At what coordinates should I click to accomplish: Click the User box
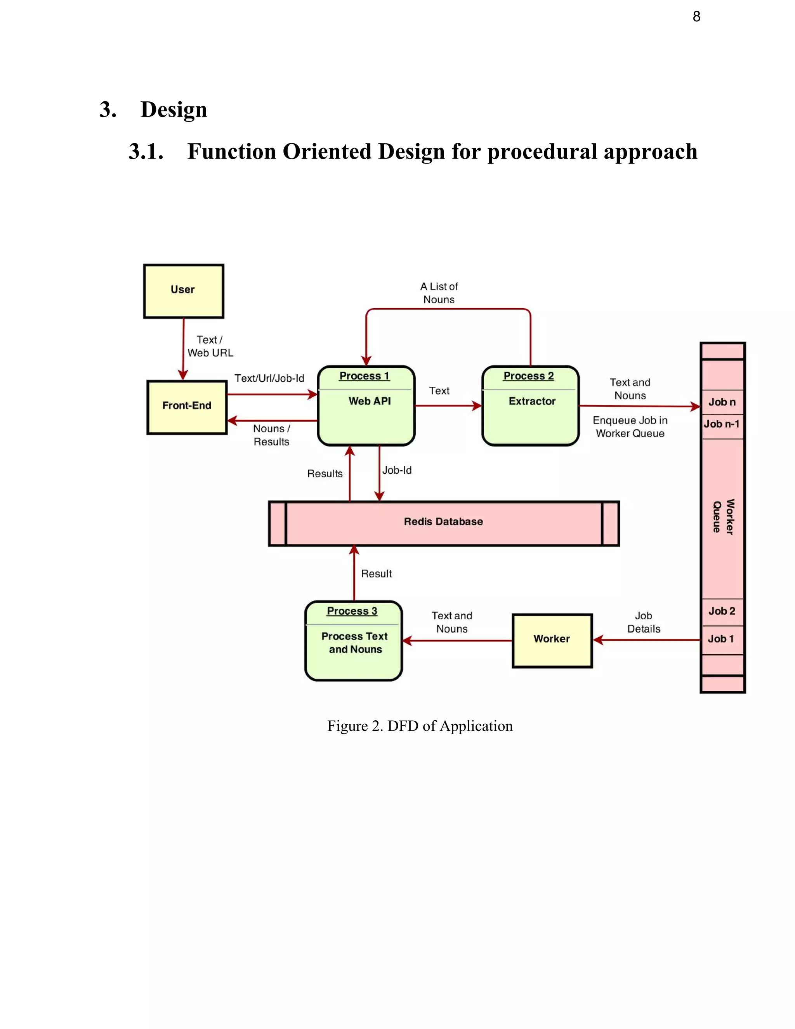183,291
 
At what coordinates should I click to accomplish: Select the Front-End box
187,407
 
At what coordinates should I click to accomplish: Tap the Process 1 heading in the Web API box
364,376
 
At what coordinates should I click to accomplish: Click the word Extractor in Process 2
532,401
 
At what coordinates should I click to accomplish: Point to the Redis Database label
443,521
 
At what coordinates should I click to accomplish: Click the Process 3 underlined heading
352,611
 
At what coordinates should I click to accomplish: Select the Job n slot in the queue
722,402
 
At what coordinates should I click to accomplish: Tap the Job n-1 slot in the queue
722,424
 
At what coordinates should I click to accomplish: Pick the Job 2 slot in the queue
722,611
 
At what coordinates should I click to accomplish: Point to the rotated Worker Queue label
723,517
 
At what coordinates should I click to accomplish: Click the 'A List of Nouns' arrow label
439,293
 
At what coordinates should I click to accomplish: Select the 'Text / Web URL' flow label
210,346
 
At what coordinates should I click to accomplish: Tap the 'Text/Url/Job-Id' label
269,378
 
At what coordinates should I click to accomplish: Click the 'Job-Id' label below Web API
397,470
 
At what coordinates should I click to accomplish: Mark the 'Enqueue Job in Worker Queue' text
630,427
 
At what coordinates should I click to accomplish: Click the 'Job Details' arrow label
643,622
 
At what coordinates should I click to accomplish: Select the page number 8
696,17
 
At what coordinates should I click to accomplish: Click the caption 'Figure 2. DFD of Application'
420,726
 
